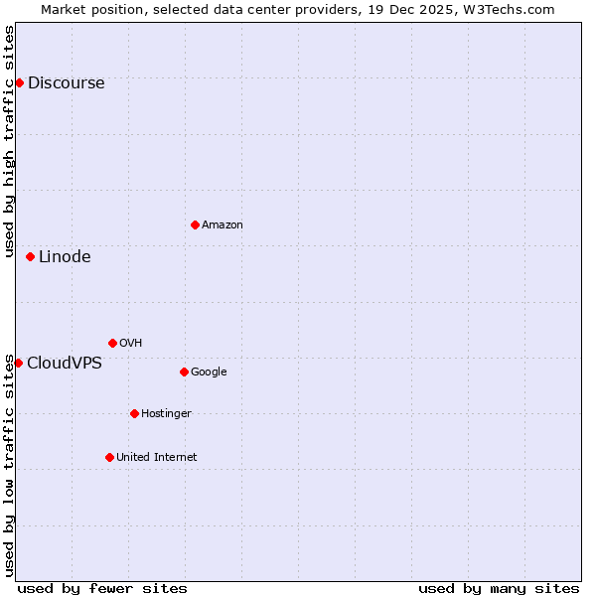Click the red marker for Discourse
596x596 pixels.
point(19,82)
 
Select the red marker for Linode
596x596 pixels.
point(30,256)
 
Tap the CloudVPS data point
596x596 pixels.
point(18,363)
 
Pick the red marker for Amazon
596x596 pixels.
point(195,224)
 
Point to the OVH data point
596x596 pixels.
point(112,343)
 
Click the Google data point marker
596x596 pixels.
point(184,372)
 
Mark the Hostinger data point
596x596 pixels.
point(134,413)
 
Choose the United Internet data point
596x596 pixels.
point(109,457)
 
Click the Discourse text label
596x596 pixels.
point(66,83)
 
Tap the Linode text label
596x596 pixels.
point(65,257)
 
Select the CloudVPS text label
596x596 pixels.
point(64,364)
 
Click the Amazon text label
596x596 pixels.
point(223,225)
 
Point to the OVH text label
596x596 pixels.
point(130,344)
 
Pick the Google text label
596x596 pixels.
point(209,372)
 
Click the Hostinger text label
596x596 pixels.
point(166,414)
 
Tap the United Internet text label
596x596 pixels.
point(156,458)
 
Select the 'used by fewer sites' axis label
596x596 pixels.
point(102,588)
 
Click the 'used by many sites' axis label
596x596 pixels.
point(499,588)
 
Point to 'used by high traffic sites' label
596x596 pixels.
point(9,141)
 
